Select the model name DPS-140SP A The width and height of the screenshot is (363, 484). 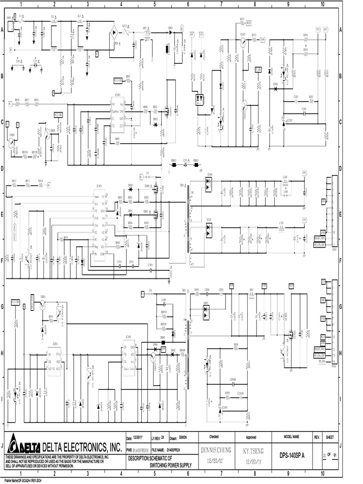coord(291,456)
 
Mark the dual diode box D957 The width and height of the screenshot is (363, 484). coord(206,310)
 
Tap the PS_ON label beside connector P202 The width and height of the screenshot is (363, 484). coord(323,361)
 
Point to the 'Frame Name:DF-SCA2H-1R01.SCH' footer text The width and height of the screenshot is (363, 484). coord(24,480)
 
